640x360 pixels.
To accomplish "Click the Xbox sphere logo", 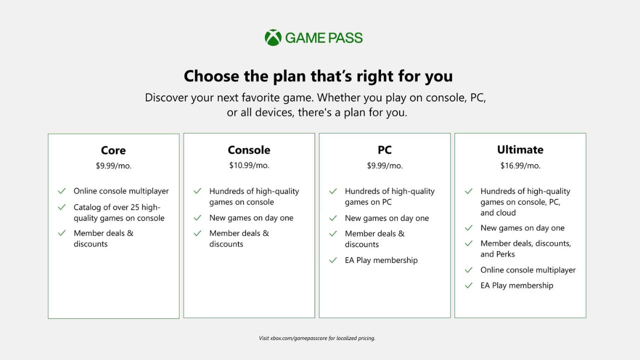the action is (x=273, y=37).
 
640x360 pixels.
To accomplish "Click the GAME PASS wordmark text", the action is (x=324, y=38).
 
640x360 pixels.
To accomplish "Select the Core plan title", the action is (x=113, y=150).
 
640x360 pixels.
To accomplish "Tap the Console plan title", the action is (x=249, y=150).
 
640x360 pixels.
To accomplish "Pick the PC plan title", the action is (x=384, y=150).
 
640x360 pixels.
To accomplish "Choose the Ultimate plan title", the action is (x=520, y=149).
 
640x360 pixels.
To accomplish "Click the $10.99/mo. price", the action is (x=249, y=165).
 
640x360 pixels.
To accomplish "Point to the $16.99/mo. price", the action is (x=520, y=165).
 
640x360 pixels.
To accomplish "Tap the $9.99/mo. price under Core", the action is (x=113, y=165).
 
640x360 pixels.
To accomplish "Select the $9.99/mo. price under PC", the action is (x=384, y=165).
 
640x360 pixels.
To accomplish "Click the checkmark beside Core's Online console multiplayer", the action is (x=61, y=191).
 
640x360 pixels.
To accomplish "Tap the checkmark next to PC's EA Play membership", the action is (x=333, y=260).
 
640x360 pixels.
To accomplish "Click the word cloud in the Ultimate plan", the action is (x=507, y=212).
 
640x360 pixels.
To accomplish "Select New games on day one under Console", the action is (x=251, y=217).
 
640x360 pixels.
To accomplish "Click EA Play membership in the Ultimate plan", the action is (x=517, y=285).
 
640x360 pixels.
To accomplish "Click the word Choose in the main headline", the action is (x=211, y=76).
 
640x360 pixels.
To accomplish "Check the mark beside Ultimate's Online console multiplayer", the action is (x=468, y=270).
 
